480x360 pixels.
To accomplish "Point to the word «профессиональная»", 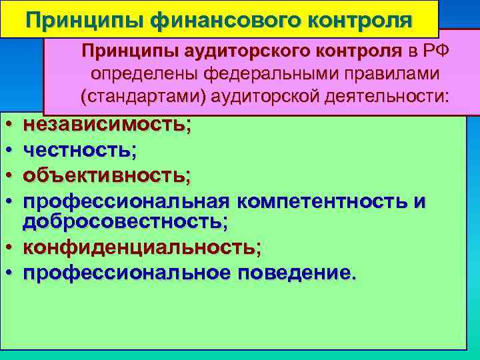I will point(127,201).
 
